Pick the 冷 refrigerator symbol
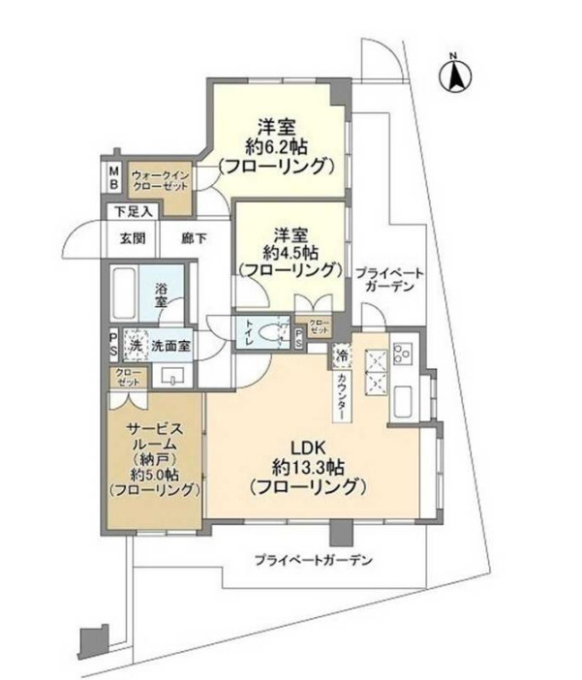click(341, 355)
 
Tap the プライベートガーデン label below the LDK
click(314, 561)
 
